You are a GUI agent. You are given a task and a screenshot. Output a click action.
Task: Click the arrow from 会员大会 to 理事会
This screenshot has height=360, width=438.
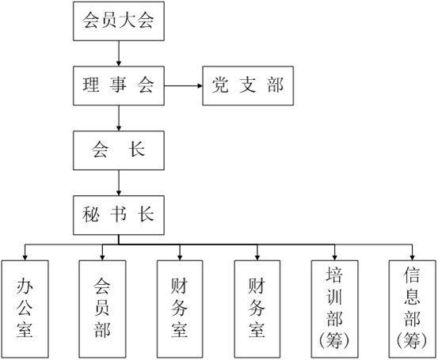pyautogui.click(x=119, y=54)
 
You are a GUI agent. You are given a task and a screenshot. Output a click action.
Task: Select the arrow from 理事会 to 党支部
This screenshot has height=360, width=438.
pyautogui.click(x=183, y=85)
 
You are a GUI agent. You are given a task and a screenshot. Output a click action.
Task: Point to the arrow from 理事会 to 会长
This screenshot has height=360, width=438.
pyautogui.click(x=119, y=118)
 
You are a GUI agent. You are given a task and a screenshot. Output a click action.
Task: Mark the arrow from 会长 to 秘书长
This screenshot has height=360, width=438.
pyautogui.click(x=119, y=183)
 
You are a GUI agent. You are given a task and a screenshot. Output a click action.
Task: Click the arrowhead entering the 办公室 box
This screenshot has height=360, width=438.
pyautogui.click(x=25, y=258)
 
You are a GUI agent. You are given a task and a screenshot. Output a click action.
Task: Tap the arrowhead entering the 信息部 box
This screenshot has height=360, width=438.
pyautogui.click(x=413, y=258)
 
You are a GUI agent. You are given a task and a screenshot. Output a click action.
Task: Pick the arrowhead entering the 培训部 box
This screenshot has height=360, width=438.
pyautogui.click(x=335, y=258)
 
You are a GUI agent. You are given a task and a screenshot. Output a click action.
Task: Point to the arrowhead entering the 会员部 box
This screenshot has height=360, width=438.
pyautogui.click(x=102, y=258)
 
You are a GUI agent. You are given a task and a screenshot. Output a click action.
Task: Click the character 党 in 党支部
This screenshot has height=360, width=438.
pyautogui.click(x=220, y=85)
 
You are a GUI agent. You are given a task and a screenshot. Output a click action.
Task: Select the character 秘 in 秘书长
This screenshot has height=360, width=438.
pyautogui.click(x=91, y=214)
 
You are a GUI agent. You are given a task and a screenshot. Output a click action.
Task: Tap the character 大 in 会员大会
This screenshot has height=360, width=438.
pyautogui.click(x=128, y=21)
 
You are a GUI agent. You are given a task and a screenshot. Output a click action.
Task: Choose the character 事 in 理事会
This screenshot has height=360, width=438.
pyautogui.click(x=118, y=85)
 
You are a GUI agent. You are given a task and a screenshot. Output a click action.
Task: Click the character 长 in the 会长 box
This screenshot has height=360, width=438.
pyautogui.click(x=136, y=150)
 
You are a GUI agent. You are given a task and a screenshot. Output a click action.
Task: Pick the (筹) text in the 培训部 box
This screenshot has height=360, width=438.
pyautogui.click(x=334, y=340)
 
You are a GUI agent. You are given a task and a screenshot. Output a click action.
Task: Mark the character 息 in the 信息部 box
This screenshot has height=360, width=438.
pyautogui.click(x=412, y=297)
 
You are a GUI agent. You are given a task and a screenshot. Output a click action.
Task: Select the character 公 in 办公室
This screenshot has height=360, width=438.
pyautogui.click(x=25, y=309)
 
